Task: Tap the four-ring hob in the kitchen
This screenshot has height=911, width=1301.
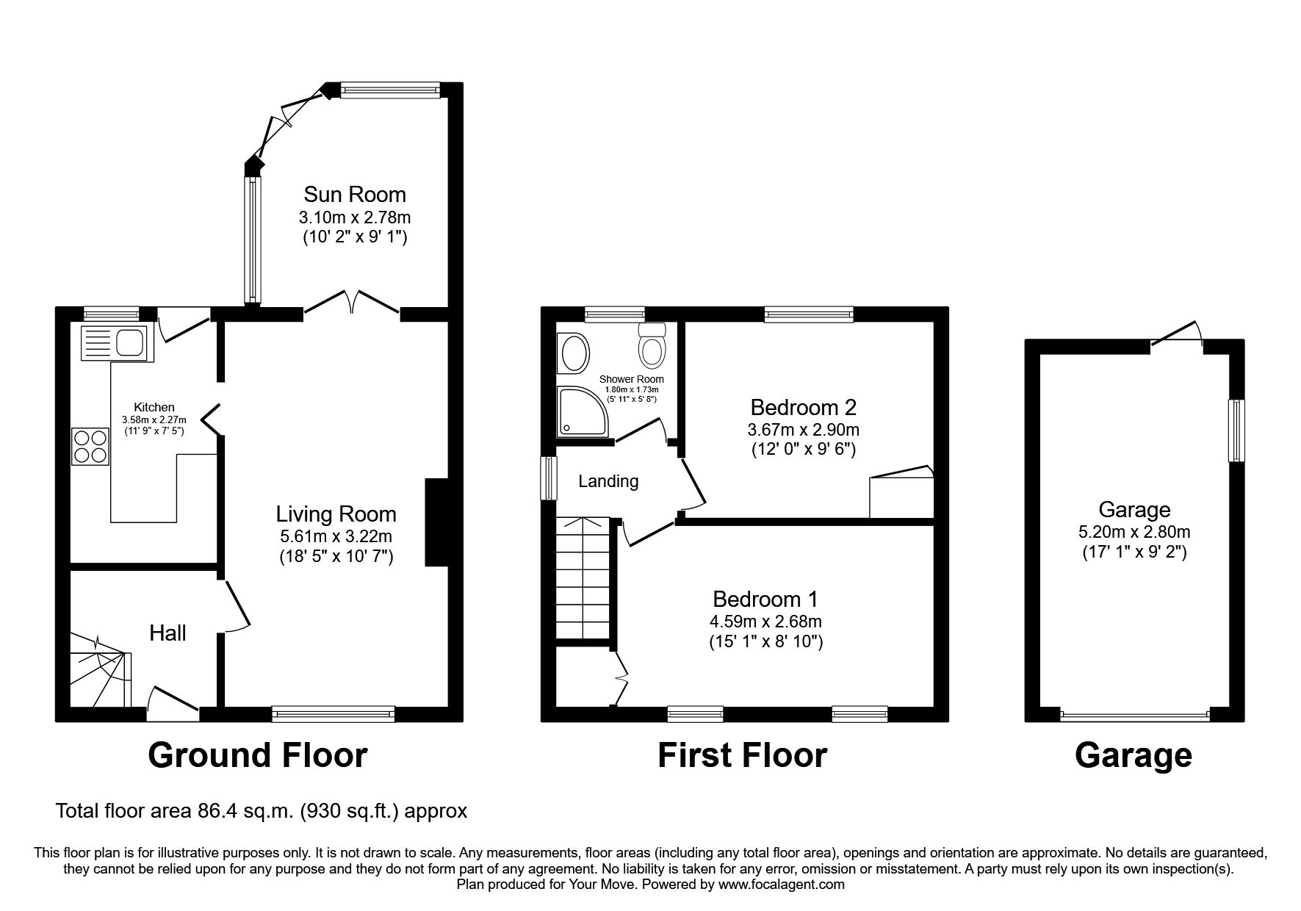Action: click(90, 446)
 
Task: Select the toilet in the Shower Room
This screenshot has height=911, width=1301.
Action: click(652, 346)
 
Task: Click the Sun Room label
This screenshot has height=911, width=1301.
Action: click(355, 195)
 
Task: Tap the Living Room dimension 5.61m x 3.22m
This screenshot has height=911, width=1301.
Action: click(336, 536)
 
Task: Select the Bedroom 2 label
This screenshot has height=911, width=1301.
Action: click(804, 407)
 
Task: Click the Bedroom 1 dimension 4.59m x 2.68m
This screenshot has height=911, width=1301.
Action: click(765, 622)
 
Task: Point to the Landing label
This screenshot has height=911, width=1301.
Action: click(608, 481)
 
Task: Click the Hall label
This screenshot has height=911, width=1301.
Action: click(167, 633)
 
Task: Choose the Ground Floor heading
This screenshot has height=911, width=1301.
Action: click(258, 755)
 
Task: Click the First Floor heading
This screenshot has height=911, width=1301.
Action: click(742, 755)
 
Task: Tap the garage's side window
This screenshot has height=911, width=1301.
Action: click(1237, 431)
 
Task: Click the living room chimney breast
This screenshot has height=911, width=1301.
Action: click(436, 522)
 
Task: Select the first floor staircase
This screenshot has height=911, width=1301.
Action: click(584, 579)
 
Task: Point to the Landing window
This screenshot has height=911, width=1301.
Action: click(549, 478)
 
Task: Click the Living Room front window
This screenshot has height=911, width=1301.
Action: click(334, 713)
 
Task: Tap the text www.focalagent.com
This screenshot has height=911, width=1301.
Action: click(782, 885)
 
